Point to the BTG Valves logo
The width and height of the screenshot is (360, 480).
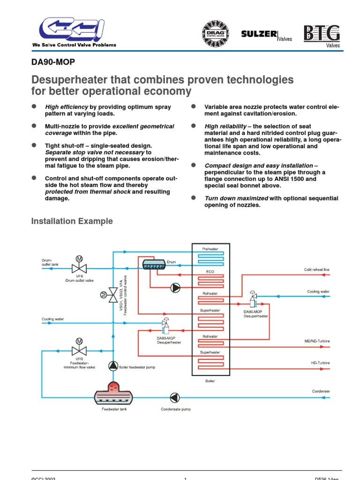point(321,34)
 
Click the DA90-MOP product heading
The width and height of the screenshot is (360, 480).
point(53,62)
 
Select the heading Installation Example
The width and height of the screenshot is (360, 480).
point(72,221)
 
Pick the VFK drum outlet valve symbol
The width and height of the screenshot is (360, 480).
point(79,267)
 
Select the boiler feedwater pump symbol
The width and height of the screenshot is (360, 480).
point(113,366)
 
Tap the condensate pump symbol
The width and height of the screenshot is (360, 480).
point(174,397)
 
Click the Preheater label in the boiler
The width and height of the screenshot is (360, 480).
point(210,249)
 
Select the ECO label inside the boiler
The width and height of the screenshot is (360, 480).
point(210,271)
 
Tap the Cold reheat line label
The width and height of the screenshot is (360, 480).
point(316,270)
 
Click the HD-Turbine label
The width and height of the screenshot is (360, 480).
point(320,362)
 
